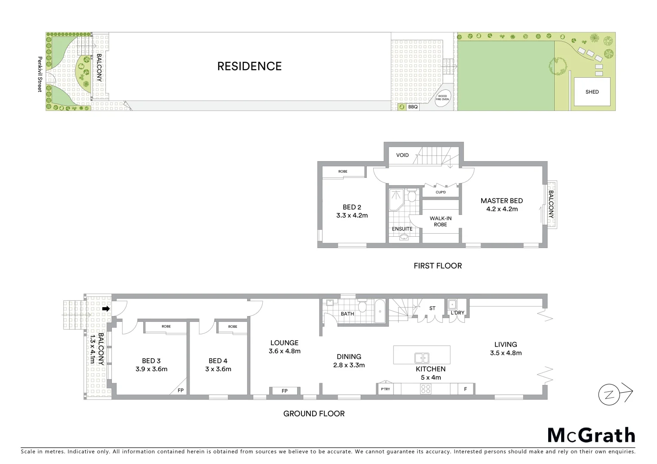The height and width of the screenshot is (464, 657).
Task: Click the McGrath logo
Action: (591, 435)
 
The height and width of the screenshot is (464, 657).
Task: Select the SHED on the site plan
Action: (592, 92)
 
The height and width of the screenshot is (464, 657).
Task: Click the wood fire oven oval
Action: (442, 98)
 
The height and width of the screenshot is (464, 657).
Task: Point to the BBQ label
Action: (413, 107)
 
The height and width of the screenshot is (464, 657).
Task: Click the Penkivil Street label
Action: (40, 74)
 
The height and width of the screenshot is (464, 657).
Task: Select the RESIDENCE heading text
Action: (249, 66)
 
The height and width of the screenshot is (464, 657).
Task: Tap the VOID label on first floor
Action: (402, 155)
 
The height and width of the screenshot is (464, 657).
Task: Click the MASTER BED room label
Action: (501, 201)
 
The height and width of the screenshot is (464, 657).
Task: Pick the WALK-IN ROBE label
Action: (440, 221)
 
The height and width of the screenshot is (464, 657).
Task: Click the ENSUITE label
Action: (402, 229)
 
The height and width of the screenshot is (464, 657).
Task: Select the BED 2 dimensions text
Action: (352, 216)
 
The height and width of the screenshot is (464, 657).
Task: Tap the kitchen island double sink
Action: (421, 357)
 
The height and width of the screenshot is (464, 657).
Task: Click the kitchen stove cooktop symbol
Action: (426, 389)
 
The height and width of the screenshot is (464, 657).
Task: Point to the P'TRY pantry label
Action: (385, 389)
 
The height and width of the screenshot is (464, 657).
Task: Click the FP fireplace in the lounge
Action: (284, 391)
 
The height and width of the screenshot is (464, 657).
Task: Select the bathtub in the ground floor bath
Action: (380, 312)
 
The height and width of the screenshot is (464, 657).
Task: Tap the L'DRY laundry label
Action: (457, 313)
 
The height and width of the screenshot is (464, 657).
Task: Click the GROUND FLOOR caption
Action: (314, 414)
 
